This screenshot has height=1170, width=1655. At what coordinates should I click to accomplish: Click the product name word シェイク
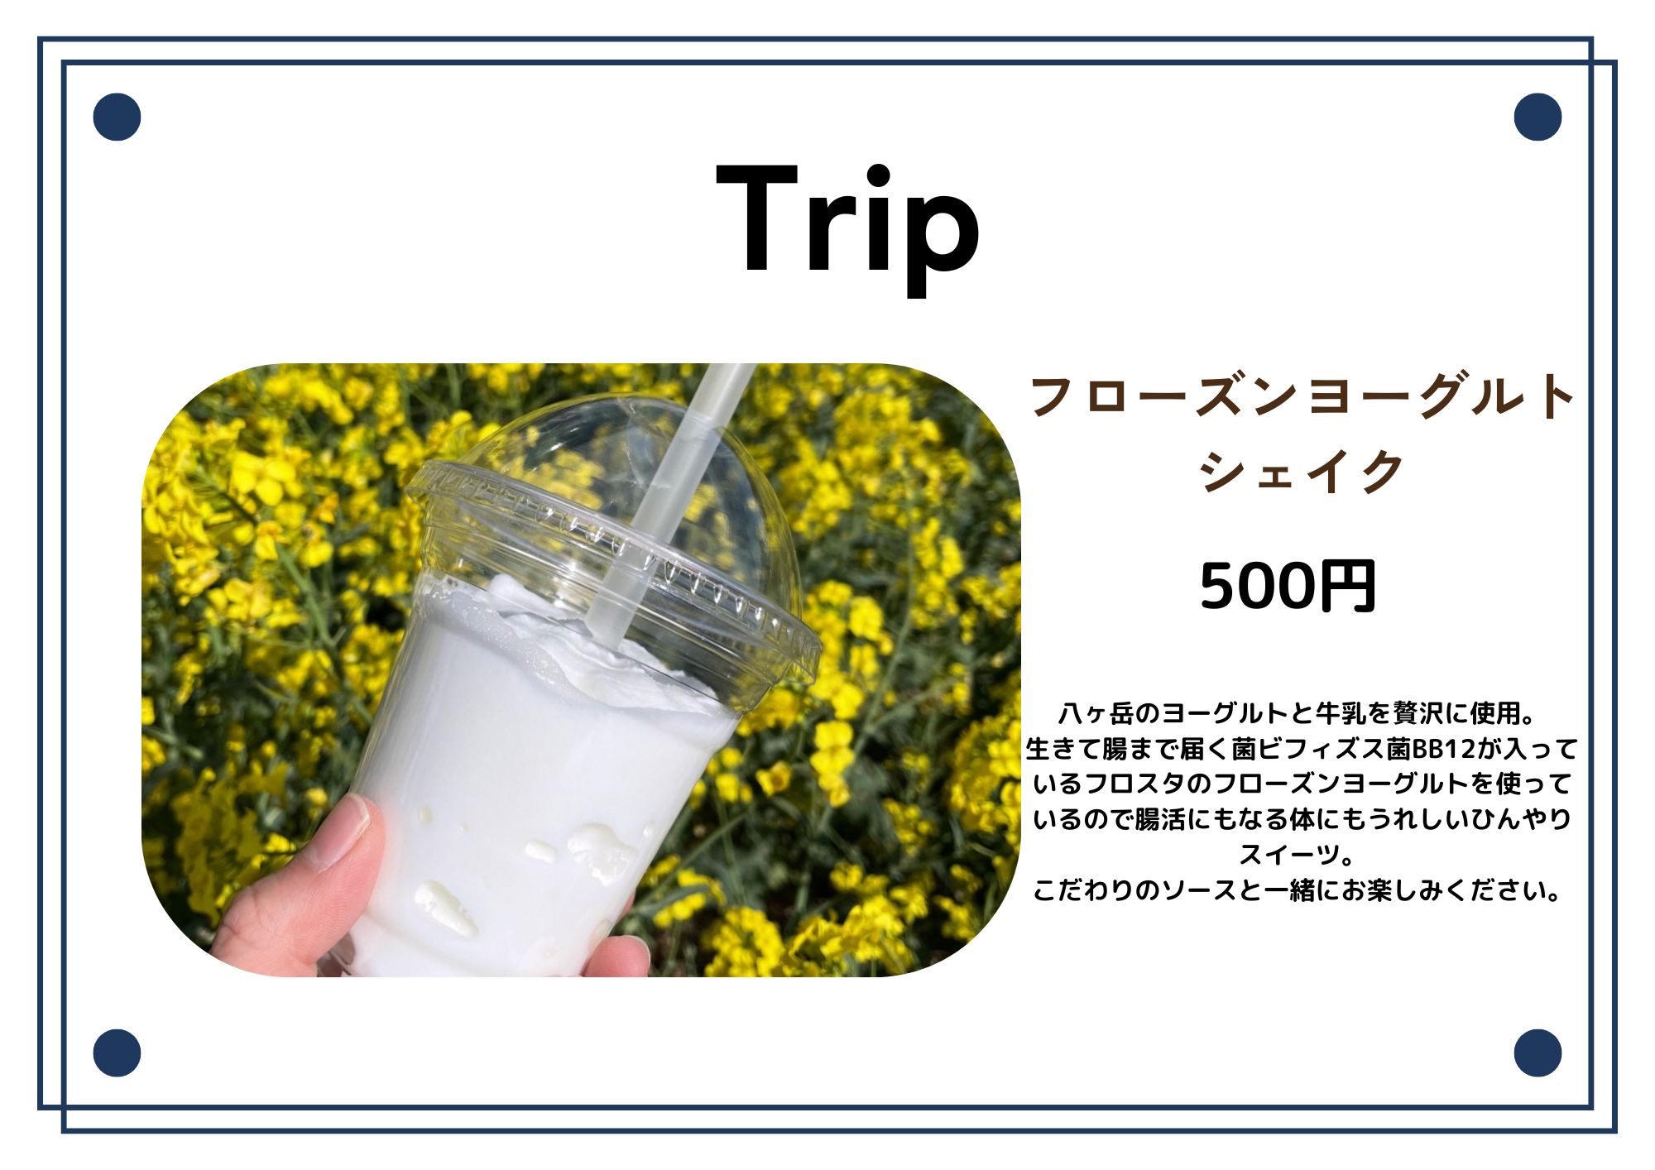click(x=1302, y=472)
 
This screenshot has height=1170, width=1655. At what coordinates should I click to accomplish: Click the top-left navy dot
click(x=117, y=117)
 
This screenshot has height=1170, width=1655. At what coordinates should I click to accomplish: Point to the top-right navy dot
click(x=1537, y=117)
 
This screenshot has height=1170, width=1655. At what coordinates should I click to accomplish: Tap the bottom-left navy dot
click(x=117, y=1053)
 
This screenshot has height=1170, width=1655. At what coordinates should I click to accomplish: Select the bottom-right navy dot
click(x=1537, y=1053)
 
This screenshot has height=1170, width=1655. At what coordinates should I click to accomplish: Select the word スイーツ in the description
click(x=1288, y=855)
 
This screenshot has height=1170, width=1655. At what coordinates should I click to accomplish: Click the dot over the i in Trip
click(x=878, y=176)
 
